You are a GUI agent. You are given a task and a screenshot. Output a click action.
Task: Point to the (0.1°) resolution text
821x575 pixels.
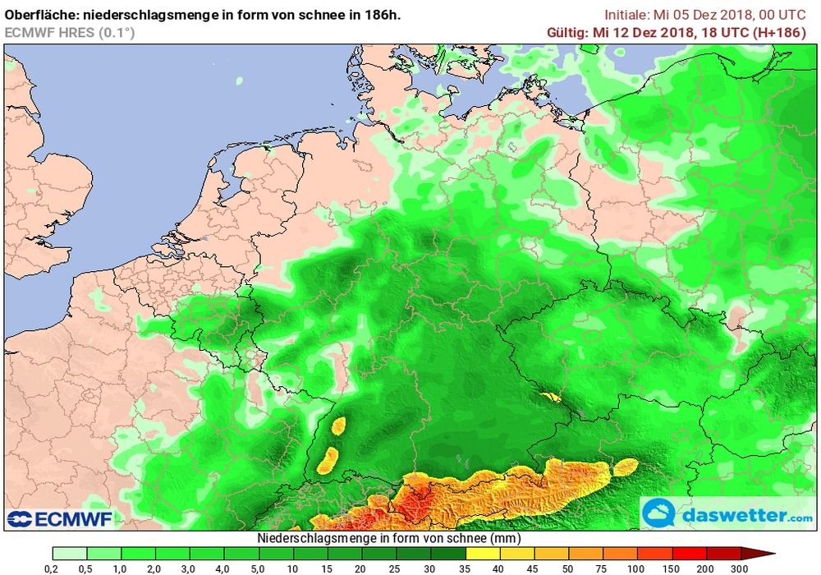point(116,33)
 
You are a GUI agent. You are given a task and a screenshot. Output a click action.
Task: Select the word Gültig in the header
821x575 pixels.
point(567,33)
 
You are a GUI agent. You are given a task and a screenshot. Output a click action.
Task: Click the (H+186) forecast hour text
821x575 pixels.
point(785,33)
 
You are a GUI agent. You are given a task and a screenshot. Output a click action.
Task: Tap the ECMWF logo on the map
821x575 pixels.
point(59,518)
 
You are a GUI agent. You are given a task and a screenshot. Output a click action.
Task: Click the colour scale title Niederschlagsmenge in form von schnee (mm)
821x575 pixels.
point(388,538)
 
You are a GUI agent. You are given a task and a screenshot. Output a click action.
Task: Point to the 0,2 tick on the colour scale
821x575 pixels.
point(51,568)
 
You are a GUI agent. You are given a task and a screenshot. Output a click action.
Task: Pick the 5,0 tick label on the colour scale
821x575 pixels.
point(258,568)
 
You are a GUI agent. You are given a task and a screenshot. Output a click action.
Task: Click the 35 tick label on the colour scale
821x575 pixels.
point(465,568)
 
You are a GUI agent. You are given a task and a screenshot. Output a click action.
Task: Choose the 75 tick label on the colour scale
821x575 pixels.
point(603,568)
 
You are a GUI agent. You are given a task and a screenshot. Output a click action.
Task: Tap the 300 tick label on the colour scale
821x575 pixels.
point(741,568)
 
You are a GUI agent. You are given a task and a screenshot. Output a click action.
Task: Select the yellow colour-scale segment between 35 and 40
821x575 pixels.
point(482,554)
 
